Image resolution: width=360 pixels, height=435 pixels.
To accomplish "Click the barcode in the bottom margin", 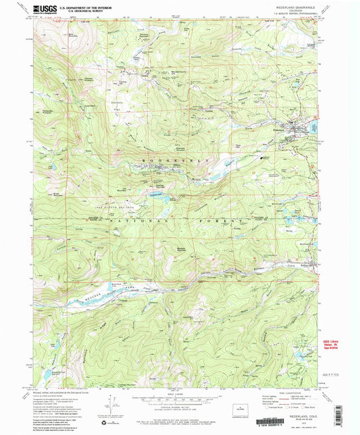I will point(180,426).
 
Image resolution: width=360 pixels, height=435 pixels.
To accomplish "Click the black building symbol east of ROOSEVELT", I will point(263,157).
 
